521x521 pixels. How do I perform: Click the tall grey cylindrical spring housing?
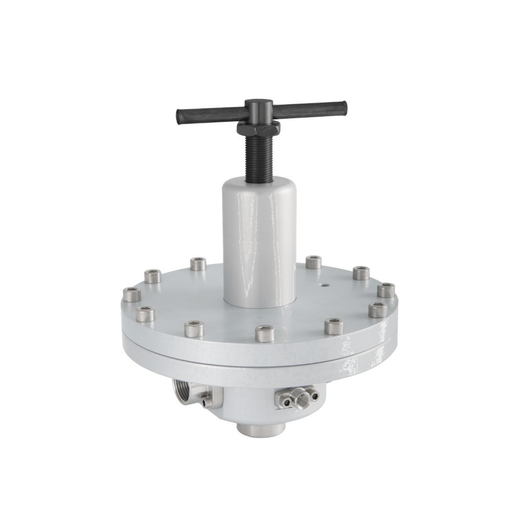(x=260, y=240)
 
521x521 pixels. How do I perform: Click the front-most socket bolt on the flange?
(x=265, y=333)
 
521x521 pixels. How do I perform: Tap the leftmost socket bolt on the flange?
(x=132, y=294)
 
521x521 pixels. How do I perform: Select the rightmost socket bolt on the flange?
(x=386, y=290)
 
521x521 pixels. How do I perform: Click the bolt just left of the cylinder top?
(x=198, y=264)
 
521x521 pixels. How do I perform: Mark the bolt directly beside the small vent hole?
(x=313, y=262)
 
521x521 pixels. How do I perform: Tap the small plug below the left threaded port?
(x=207, y=402)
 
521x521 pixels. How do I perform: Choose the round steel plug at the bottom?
(x=260, y=429)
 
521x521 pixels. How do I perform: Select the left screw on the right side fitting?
(x=286, y=401)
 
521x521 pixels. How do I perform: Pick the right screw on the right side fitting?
(x=315, y=396)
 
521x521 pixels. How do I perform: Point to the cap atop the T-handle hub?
(x=255, y=104)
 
